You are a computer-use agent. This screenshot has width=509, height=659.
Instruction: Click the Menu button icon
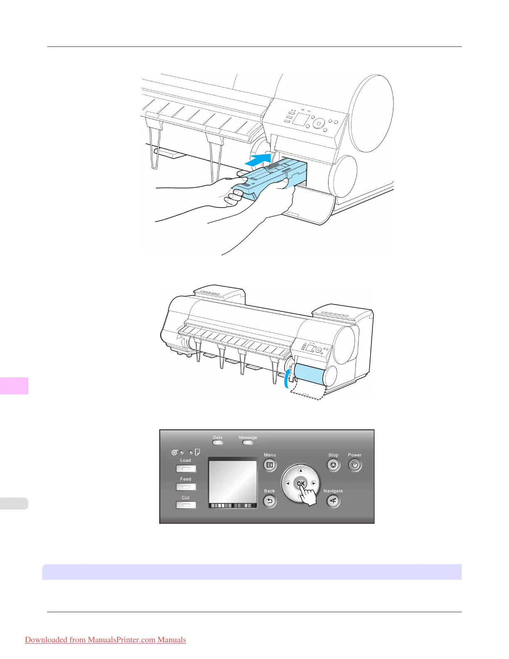click(x=269, y=465)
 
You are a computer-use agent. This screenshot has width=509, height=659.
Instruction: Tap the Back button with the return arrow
click(x=269, y=501)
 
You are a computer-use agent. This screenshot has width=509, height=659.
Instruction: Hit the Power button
click(x=355, y=465)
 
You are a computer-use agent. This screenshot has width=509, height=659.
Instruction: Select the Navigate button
click(x=333, y=501)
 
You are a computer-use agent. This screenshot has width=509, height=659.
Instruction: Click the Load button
click(x=186, y=469)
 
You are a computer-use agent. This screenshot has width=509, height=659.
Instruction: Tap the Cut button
click(x=186, y=505)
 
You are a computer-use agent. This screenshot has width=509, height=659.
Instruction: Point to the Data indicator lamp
click(x=217, y=443)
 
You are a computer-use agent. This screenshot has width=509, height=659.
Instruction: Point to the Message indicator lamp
click(x=248, y=443)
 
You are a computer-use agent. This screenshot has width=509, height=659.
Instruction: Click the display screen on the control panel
click(x=232, y=481)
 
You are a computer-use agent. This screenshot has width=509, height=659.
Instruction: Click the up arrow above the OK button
click(x=301, y=471)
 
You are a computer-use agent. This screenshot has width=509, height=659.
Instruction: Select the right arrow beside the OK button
click(x=314, y=483)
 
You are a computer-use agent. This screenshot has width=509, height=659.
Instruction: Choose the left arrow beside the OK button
click(x=287, y=483)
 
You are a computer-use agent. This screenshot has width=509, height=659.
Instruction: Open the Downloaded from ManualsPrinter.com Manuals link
click(x=105, y=640)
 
